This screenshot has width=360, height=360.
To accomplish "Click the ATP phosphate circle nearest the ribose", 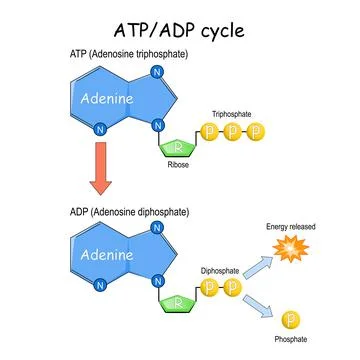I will click(212, 131).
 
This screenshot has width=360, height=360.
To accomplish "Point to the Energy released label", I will click(291, 226).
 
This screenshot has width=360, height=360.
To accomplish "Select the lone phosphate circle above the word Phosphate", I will click(291, 321).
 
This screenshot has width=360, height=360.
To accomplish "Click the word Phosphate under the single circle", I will click(290, 340).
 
